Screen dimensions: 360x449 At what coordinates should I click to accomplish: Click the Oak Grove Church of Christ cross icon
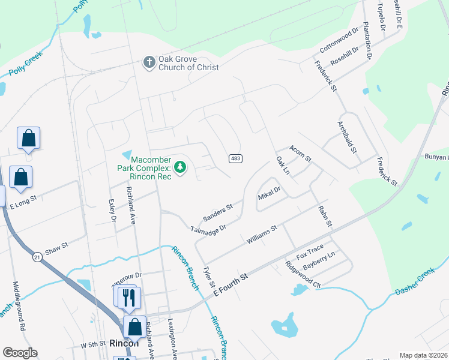coord(148,62)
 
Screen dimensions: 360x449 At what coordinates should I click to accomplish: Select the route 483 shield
coord(235,158)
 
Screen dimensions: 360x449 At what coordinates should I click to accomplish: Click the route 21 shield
coord(37,257)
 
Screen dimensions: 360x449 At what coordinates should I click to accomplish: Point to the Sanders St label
coord(217,211)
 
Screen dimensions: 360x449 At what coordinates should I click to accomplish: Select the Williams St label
coord(261,234)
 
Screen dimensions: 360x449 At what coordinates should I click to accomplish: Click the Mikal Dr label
coord(269,193)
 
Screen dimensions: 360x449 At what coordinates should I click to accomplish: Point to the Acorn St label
coord(300,153)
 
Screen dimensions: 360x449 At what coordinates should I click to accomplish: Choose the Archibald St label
coord(347,137)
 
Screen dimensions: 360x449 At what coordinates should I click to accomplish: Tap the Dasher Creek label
coord(415,281)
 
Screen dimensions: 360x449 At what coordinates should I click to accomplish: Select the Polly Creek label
coord(26,63)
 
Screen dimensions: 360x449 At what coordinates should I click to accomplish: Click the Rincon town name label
coord(124,343)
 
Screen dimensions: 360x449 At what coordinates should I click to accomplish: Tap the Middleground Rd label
coord(18,306)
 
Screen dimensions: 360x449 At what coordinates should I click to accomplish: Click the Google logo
coord(20,353)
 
